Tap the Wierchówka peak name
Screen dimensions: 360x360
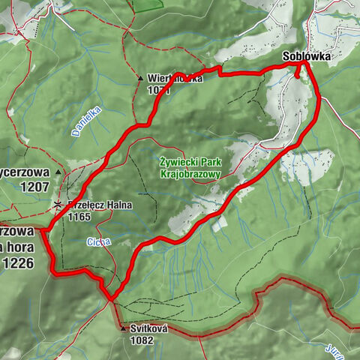tap(175, 78)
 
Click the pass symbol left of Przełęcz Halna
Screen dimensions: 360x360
tap(58, 205)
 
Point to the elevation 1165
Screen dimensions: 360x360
tap(78, 216)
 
